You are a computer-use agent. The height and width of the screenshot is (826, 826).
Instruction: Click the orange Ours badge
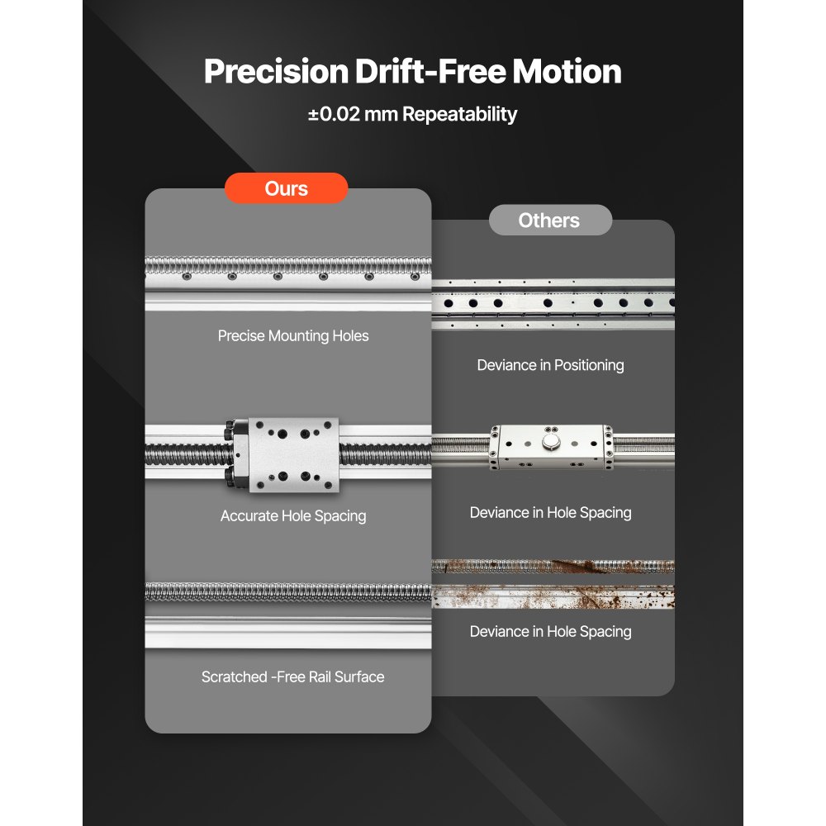286,188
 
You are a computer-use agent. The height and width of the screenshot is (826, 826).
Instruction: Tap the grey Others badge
550,221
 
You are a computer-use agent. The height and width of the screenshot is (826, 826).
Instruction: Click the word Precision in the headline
276,71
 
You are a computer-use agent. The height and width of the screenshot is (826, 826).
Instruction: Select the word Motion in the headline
567,71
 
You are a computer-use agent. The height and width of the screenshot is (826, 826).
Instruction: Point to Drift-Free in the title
430,71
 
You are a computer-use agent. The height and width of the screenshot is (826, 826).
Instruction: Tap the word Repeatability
459,114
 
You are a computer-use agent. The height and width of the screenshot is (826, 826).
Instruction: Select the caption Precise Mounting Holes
293,336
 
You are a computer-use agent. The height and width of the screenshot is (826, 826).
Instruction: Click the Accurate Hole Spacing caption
293,516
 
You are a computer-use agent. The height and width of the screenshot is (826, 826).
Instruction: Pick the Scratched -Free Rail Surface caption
293,677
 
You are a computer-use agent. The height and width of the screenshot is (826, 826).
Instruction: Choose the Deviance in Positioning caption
550,366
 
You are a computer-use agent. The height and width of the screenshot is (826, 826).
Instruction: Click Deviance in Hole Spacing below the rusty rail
550,632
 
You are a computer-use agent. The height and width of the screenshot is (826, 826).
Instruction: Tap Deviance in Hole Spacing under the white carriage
550,513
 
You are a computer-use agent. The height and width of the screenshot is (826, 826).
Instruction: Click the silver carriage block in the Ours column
293,455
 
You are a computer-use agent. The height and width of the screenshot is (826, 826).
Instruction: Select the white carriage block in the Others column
551,447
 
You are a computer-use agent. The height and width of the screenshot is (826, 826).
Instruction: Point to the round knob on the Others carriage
550,442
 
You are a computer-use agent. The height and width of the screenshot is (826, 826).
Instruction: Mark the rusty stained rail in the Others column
553,584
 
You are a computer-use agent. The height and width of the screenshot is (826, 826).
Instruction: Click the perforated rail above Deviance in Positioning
553,304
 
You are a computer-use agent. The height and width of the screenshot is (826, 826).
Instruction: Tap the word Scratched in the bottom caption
235,677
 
